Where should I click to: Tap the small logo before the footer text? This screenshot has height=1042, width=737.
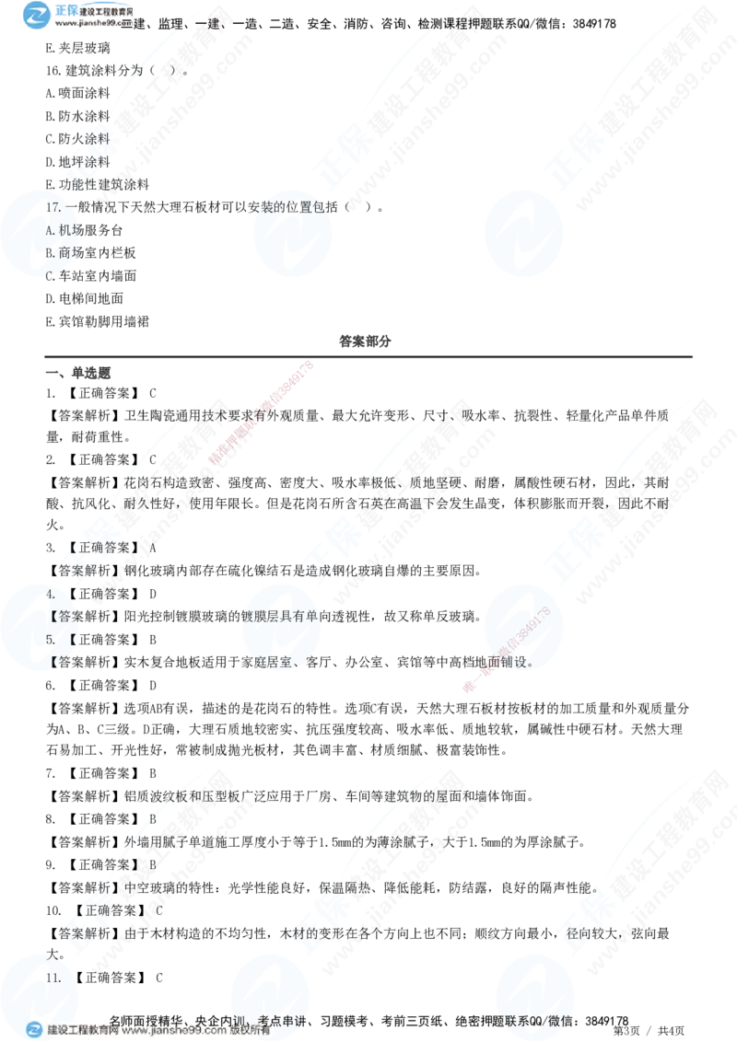[34, 1030]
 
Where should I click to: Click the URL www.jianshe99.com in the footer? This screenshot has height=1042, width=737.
[174, 1031]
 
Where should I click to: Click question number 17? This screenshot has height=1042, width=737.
[53, 208]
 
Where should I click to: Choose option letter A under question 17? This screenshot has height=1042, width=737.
[49, 230]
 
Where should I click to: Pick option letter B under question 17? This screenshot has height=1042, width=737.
[49, 251]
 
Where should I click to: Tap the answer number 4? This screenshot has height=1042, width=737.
[50, 595]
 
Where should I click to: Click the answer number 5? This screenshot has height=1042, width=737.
[50, 639]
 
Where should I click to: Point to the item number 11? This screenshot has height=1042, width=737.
[53, 978]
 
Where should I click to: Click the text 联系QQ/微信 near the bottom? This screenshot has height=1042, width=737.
[534, 1020]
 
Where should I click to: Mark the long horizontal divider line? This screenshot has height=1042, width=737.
[368, 356]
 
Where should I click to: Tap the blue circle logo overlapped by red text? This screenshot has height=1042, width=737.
[521, 629]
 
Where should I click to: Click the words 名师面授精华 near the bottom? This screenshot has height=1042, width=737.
[147, 1020]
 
